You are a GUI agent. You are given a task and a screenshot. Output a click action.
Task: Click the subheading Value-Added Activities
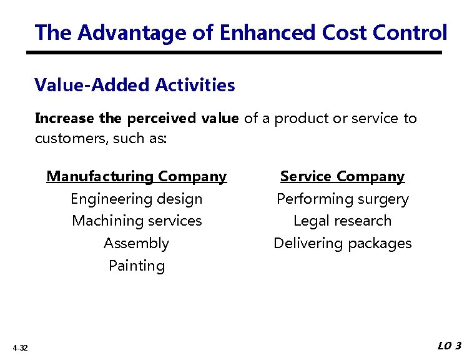coord(135,85)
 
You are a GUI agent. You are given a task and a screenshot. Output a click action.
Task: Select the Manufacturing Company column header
coord(136,177)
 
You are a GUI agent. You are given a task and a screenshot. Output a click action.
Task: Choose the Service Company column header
coord(342,177)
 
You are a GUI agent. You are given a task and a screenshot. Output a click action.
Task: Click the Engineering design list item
coord(136,199)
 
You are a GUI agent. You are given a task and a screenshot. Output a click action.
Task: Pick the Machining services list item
coord(137,221)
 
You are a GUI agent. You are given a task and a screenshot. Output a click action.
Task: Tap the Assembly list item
coord(136,244)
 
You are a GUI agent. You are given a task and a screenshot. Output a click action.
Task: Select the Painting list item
coord(137,266)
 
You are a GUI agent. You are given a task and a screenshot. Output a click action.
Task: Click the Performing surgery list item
coord(342,199)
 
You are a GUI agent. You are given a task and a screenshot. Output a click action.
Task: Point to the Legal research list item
coord(342,221)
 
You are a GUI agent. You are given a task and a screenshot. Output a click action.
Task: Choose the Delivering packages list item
coord(342,244)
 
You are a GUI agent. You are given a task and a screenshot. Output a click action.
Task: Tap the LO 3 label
coord(450,346)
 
